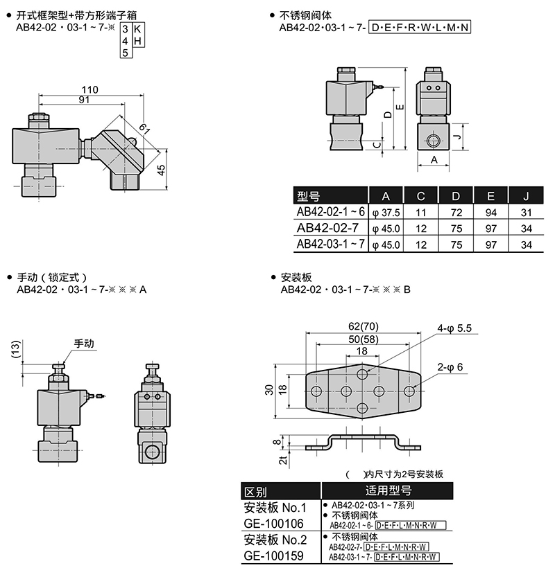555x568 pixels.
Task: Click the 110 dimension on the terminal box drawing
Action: point(89,89)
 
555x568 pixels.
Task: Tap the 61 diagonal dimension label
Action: point(145,129)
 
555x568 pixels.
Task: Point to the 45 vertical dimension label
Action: point(162,170)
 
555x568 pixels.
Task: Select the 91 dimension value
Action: point(84,99)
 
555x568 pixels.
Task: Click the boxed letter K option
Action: point(137,29)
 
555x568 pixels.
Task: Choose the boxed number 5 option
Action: point(125,53)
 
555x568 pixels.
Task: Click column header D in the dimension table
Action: point(456,196)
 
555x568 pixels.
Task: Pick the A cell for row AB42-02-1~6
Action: point(386,213)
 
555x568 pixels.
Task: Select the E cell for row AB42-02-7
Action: point(490,229)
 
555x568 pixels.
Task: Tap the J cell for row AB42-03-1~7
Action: point(526,245)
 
